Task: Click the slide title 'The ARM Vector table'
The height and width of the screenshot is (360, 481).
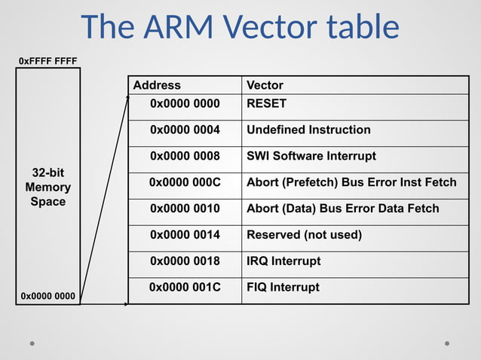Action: [x=240, y=27]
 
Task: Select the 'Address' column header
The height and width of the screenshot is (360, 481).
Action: [x=157, y=85]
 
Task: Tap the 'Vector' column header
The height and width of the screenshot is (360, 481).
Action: [x=265, y=85]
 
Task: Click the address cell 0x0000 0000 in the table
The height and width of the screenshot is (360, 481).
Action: [x=185, y=103]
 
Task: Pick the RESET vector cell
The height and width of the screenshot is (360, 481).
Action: [x=267, y=103]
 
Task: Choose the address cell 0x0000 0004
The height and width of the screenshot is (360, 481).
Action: [x=185, y=130]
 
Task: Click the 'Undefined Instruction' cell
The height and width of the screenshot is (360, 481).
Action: [x=308, y=130]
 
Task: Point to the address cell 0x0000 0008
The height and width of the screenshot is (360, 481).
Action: [x=185, y=156]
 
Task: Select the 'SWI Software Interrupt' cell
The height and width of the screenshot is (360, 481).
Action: [x=311, y=156]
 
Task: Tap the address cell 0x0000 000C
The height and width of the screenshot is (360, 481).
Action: [x=185, y=182]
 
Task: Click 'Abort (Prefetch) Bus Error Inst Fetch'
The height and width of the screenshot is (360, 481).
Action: [x=351, y=182]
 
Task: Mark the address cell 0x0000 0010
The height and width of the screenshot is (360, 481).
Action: [x=185, y=209]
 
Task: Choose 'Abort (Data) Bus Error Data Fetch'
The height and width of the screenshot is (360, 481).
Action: [x=342, y=209]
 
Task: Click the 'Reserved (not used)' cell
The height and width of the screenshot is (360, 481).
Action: [x=304, y=235]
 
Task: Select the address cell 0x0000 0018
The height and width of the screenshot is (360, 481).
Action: [x=185, y=261]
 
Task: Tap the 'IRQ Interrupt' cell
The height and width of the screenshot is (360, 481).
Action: [x=283, y=261]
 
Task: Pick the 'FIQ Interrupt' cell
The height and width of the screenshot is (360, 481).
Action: [x=283, y=287]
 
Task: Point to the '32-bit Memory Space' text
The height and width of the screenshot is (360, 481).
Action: [x=47, y=187]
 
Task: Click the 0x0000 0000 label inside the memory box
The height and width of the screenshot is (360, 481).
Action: [x=47, y=296]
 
